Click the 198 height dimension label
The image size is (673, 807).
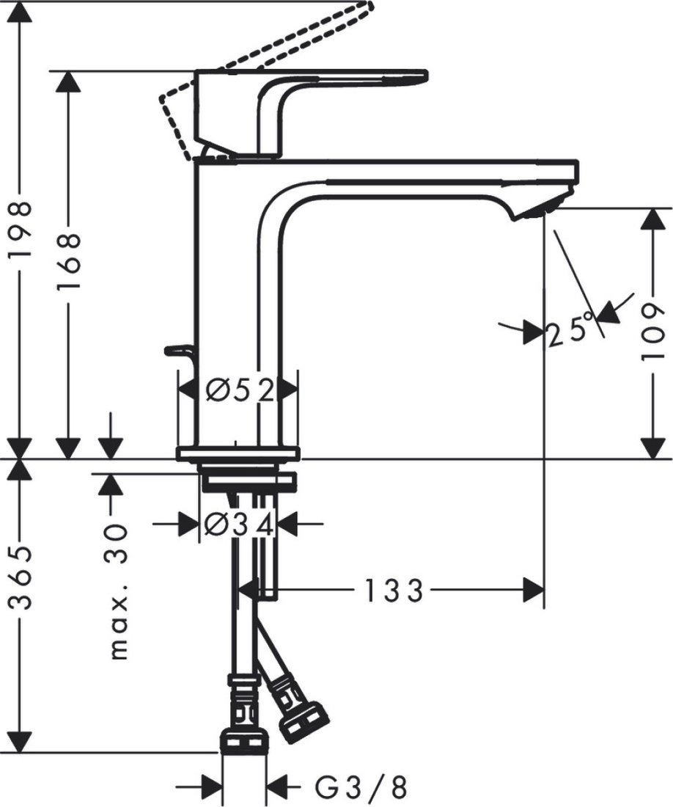tap(22, 230)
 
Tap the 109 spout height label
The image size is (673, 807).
tap(652, 333)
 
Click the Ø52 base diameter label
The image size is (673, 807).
tap(239, 390)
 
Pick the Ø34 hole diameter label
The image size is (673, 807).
tap(239, 524)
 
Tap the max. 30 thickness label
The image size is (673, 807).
tap(117, 591)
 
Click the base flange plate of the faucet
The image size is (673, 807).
tap(239, 453)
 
